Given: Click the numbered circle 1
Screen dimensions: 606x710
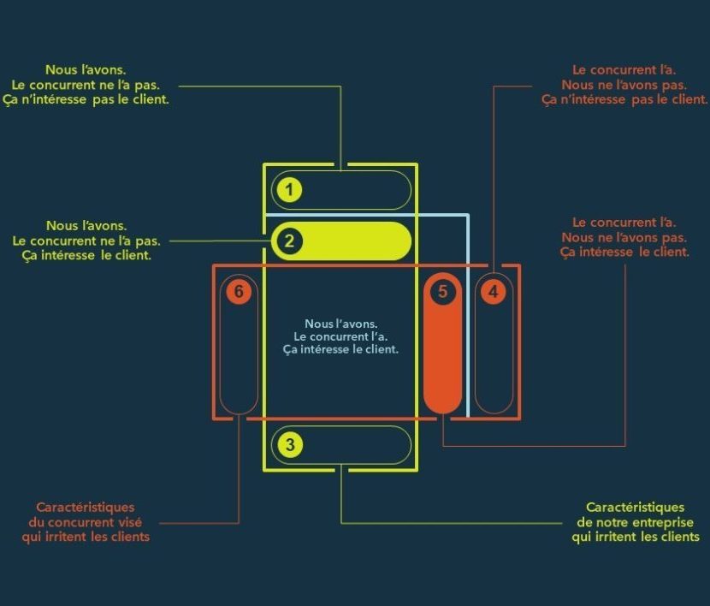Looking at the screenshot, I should (x=289, y=190).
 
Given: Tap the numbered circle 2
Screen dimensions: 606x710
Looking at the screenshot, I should (x=289, y=241).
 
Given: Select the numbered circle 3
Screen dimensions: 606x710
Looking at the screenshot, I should (x=290, y=445).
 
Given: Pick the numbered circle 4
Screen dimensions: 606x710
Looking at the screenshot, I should (x=494, y=292).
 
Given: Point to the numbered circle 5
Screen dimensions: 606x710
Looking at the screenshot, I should (x=442, y=291).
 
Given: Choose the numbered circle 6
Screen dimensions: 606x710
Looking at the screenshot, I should (x=239, y=292).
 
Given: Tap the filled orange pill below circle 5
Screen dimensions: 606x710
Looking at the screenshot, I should (x=442, y=359).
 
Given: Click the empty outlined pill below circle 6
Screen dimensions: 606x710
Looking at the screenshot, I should (x=239, y=359).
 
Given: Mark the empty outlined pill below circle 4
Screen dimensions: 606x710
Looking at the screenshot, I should (x=494, y=359).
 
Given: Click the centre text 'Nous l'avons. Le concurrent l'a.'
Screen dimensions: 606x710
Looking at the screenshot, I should (x=340, y=330).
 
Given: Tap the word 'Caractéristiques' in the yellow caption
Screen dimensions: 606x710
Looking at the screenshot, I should (x=635, y=508).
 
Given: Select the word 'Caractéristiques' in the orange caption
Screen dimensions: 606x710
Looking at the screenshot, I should (x=85, y=508).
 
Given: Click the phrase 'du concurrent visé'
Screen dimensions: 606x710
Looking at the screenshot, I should (x=85, y=522).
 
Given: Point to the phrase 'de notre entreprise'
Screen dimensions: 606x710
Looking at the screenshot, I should (x=635, y=522).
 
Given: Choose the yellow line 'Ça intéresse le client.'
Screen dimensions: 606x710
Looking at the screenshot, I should (x=85, y=256).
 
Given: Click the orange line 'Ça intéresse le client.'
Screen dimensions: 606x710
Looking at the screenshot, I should (x=624, y=253).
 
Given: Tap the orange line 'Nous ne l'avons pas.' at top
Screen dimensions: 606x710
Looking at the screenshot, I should (x=624, y=85).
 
